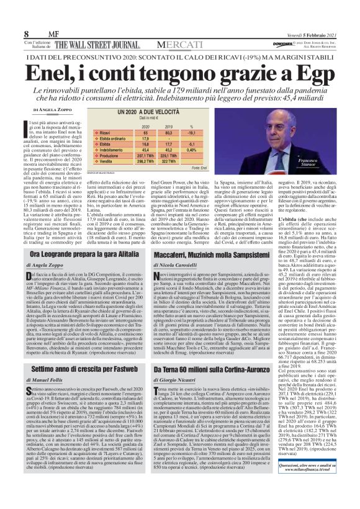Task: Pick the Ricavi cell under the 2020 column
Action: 146,132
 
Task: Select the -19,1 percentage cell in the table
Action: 191,132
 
